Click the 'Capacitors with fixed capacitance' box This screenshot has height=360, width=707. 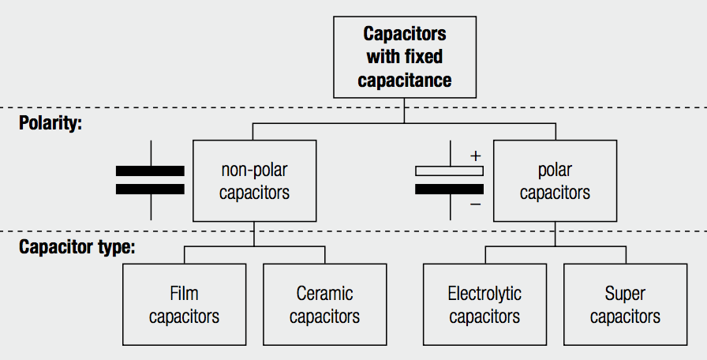[404, 58]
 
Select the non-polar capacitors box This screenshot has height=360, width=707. [254, 181]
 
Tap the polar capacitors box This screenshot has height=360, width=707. [555, 181]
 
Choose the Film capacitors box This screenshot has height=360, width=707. [184, 305]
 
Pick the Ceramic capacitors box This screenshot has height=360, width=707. [324, 305]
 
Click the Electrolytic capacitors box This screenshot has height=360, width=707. [484, 305]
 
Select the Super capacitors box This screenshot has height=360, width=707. [625, 305]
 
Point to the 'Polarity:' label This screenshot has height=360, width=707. [51, 124]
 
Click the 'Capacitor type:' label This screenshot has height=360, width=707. [77, 246]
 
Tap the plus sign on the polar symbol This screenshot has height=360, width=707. [475, 156]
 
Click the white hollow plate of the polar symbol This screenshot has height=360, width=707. [449, 171]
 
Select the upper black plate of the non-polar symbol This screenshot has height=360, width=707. [150, 171]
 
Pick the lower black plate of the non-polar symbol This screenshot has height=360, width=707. [150, 189]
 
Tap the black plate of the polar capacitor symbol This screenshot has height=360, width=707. [449, 189]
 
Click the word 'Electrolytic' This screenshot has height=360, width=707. [484, 294]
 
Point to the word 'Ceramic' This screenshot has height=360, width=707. [324, 294]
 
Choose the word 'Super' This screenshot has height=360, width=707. [625, 294]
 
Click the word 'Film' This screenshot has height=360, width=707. [184, 294]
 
